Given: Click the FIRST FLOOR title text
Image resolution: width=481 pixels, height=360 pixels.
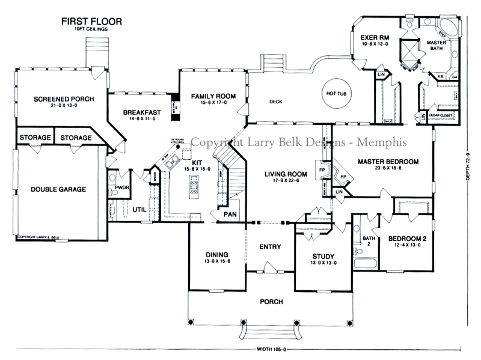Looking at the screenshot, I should (92, 22).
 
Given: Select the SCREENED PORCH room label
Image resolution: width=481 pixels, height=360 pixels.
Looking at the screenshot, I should (63, 99).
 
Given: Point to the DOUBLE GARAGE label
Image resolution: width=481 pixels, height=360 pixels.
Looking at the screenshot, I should (58, 189).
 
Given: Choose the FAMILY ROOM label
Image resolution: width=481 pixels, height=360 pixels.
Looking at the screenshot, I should (213, 96).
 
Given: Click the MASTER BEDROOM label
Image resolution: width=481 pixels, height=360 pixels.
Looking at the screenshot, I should (387, 162).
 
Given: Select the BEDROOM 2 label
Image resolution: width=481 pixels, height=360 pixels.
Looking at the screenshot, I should (407, 239).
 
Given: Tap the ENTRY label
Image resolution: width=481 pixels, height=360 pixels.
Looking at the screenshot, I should (270, 246).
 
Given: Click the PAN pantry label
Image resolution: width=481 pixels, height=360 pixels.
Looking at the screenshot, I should (229, 213).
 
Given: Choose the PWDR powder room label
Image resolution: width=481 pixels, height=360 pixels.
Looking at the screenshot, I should (114, 188).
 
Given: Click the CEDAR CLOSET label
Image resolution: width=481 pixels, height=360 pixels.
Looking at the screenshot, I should (442, 115).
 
